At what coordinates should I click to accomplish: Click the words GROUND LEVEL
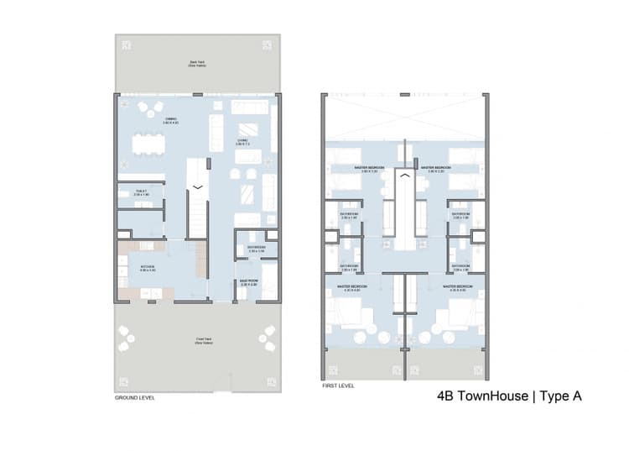(135, 397)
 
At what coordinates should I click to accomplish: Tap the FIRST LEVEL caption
(338, 386)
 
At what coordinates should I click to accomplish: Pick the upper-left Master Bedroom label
(370, 168)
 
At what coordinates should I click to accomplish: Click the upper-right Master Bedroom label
(438, 168)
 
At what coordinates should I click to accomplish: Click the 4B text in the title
(447, 396)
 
